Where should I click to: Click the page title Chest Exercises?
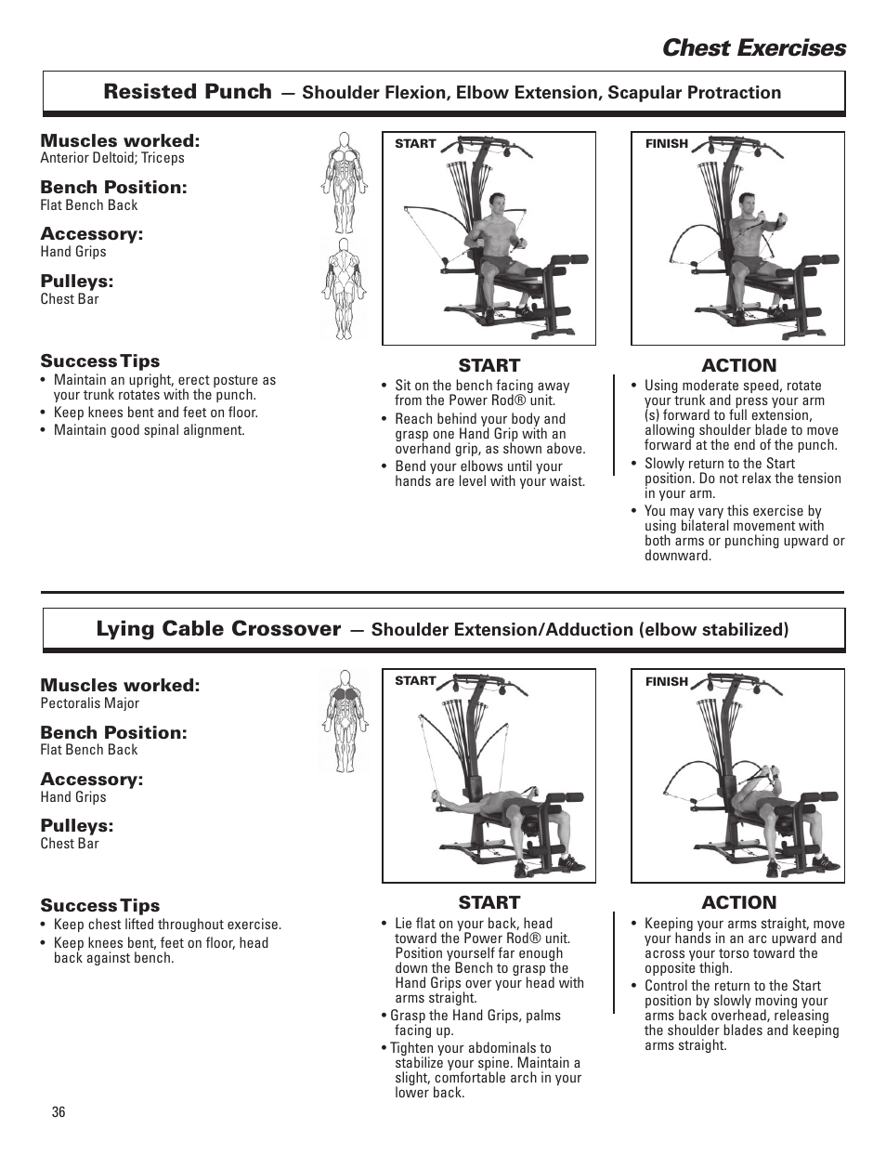click(x=753, y=48)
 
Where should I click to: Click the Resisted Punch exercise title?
click(x=188, y=91)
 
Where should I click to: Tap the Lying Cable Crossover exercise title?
click(x=218, y=629)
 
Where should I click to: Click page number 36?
click(x=59, y=1113)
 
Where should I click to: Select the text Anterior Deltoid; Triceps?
click(x=112, y=158)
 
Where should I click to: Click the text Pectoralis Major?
click(x=89, y=703)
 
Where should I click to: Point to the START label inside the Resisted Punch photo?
click(x=415, y=144)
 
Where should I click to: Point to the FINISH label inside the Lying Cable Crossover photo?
click(x=667, y=682)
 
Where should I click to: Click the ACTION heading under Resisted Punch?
click(x=738, y=365)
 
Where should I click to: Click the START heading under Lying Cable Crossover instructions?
click(x=489, y=902)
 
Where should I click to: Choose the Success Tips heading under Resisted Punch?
click(x=99, y=361)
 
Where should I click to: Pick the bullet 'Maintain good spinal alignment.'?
click(x=149, y=430)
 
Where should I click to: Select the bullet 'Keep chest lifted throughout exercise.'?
click(x=167, y=925)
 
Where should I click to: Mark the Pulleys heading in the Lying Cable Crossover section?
click(x=76, y=826)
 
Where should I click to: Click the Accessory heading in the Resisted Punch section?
click(x=91, y=234)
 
